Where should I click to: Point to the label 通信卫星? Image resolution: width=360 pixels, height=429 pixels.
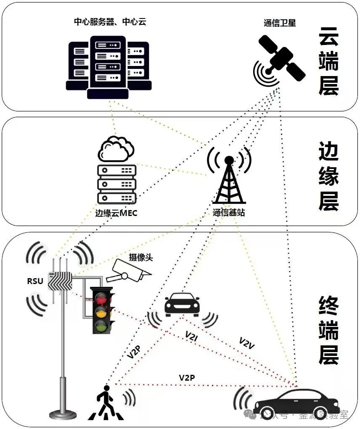tap(280, 23)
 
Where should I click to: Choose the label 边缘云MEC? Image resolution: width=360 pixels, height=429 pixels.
tap(116, 213)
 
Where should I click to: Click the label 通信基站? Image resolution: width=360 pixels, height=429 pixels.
tap(229, 213)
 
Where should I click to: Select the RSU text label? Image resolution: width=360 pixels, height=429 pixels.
tap(35, 281)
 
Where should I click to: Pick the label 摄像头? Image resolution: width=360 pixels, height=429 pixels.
tap(140, 258)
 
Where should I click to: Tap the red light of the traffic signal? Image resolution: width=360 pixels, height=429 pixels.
tap(101, 300)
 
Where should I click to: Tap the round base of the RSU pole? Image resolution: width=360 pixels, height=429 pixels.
tap(63, 414)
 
